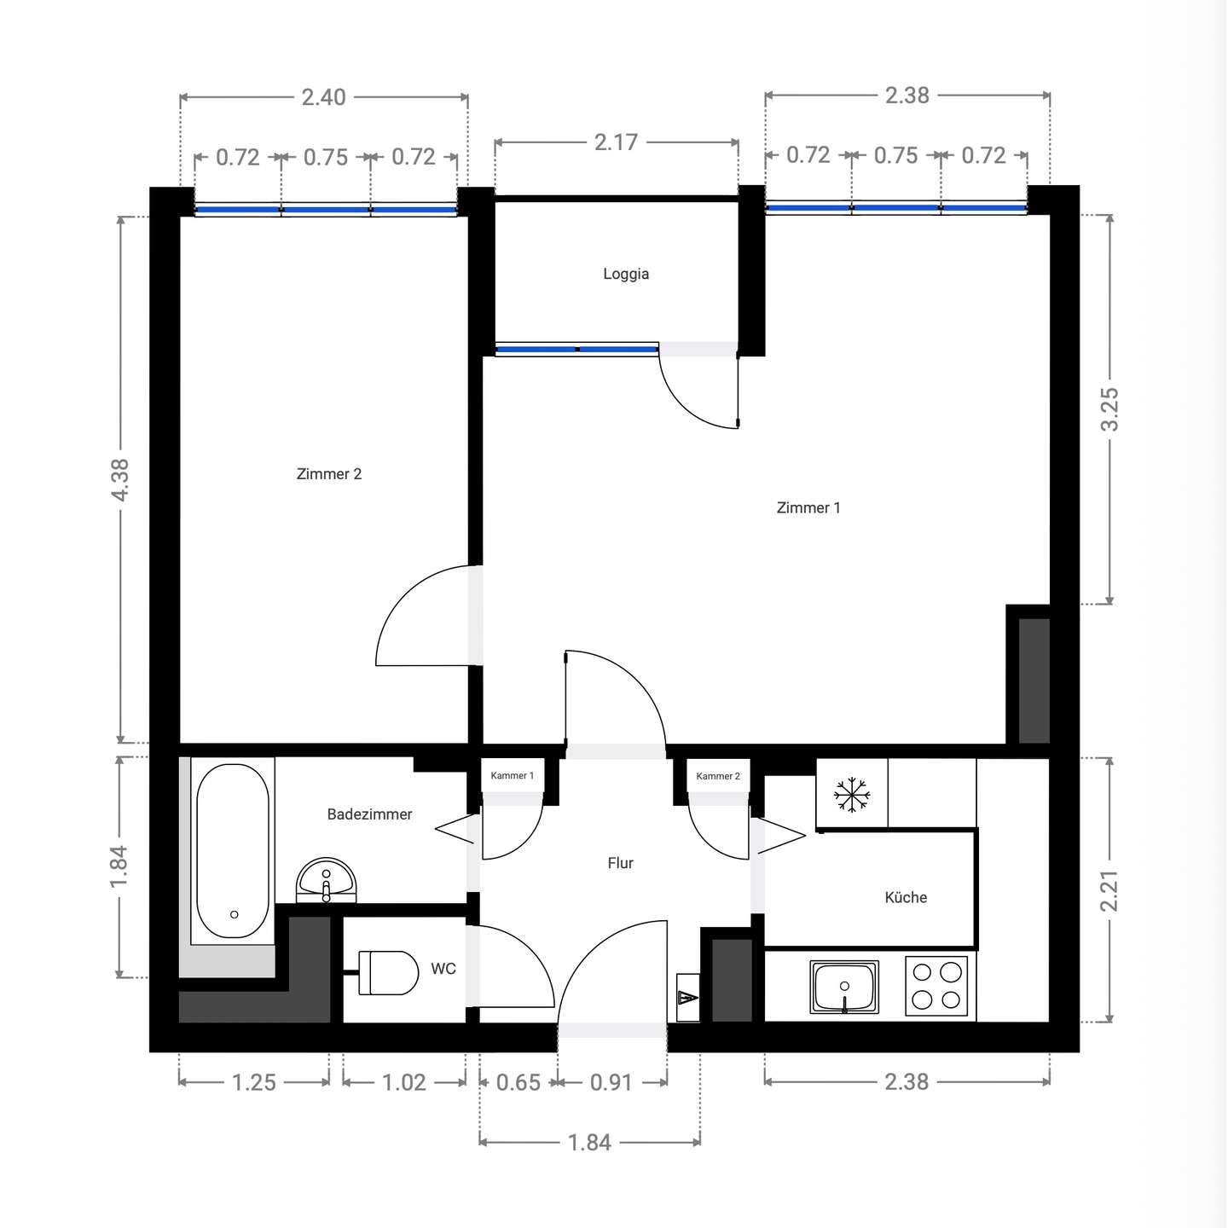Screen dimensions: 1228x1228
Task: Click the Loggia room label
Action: [x=626, y=274]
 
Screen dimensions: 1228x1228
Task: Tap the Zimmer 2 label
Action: [x=329, y=474]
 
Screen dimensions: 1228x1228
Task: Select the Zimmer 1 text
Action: [x=808, y=508]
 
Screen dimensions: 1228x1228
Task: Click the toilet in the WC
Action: [x=387, y=973]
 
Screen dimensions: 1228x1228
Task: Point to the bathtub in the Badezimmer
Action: [x=233, y=851]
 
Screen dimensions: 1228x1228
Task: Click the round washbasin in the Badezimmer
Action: [x=327, y=880]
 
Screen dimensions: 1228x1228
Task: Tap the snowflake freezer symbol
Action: [x=852, y=795]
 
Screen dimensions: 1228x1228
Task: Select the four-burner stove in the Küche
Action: [x=936, y=985]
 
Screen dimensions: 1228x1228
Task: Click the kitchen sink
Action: [x=844, y=988]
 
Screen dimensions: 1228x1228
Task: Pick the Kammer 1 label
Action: [x=513, y=775]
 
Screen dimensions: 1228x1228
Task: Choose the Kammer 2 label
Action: [x=718, y=776]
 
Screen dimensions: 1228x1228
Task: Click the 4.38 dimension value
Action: [x=120, y=480]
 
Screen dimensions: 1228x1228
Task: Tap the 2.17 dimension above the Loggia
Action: [x=617, y=142]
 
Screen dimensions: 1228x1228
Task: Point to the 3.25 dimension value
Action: [x=1110, y=409]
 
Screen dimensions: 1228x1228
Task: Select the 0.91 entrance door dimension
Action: [x=611, y=1083]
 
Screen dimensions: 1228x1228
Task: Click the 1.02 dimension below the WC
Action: [x=404, y=1083]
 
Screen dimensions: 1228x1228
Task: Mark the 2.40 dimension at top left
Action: [x=324, y=97]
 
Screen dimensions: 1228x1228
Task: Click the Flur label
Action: [x=620, y=864]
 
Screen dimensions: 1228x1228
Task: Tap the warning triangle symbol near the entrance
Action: [x=687, y=998]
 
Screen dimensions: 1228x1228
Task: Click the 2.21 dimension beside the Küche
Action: [x=1110, y=891]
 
